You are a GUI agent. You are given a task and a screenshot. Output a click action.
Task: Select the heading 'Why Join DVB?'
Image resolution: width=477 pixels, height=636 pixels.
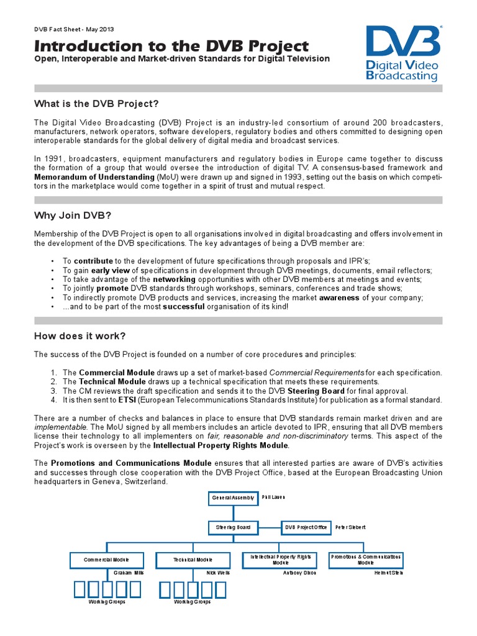pos(72,215)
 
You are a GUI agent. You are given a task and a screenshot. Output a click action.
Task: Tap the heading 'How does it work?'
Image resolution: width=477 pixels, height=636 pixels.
pos(79,336)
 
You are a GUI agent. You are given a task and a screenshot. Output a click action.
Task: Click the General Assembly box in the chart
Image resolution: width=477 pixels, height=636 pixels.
pos(232,498)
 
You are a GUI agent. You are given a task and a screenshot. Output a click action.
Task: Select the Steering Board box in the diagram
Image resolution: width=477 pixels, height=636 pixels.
pos(232,527)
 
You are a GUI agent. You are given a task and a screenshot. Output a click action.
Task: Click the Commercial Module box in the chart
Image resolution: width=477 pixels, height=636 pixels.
pos(107,560)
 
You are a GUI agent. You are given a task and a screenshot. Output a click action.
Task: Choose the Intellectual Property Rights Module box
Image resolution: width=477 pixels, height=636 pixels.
pos(280,560)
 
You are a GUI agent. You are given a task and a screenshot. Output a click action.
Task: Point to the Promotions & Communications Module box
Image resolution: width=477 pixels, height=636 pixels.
pos(366,560)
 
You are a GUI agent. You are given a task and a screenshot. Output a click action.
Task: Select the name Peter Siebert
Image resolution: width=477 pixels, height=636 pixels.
pos(350,527)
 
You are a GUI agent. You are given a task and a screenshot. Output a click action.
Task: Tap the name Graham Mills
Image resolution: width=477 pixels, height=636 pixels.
pos(129,573)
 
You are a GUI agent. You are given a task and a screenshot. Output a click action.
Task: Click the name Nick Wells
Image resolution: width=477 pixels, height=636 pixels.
pos(217,573)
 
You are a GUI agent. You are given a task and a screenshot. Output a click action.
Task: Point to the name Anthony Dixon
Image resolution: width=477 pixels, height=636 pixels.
pos(299,573)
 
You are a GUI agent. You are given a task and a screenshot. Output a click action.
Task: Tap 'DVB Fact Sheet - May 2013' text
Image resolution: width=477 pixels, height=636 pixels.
pos(74,29)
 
